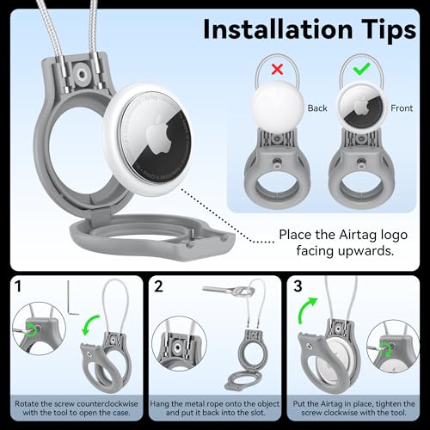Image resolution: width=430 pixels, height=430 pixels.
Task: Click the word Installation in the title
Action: [278, 29]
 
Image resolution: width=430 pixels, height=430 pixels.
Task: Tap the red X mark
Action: [277, 69]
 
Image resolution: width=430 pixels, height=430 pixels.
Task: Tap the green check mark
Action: [361, 69]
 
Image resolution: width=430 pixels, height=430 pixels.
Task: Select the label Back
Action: [317, 108]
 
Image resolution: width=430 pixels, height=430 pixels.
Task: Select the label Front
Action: [402, 108]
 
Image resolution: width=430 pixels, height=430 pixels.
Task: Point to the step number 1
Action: [18, 286]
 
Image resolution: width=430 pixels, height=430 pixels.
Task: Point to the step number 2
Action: [158, 286]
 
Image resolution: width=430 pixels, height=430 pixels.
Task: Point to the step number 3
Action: [298, 286]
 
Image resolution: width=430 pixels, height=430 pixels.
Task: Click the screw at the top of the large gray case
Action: [83, 75]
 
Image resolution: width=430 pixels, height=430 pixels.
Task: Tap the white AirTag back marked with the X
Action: [278, 107]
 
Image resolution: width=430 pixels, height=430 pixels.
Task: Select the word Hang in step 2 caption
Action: [159, 404]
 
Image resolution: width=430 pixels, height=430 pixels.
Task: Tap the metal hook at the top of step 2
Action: [229, 291]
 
